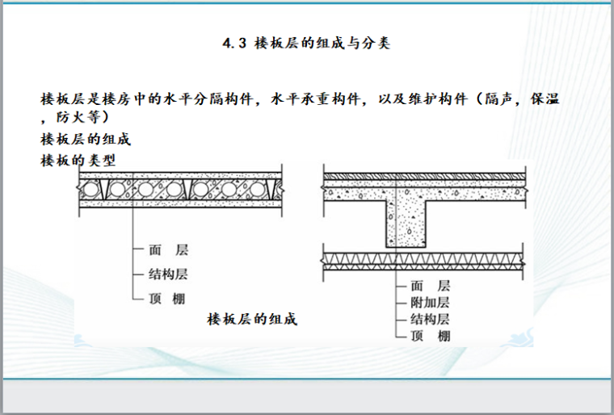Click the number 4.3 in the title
[x=233, y=44]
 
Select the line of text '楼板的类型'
[x=78, y=159]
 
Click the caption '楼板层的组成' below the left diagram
[x=253, y=319]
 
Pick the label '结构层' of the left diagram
[x=168, y=275]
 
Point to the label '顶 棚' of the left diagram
[x=168, y=298]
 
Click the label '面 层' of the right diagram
[x=430, y=286]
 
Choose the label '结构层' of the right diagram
[x=430, y=319]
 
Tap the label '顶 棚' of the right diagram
[x=430, y=336]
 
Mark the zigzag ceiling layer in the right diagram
[x=424, y=259]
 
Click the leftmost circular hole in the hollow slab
[x=90, y=191]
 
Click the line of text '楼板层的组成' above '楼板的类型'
[x=85, y=138]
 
